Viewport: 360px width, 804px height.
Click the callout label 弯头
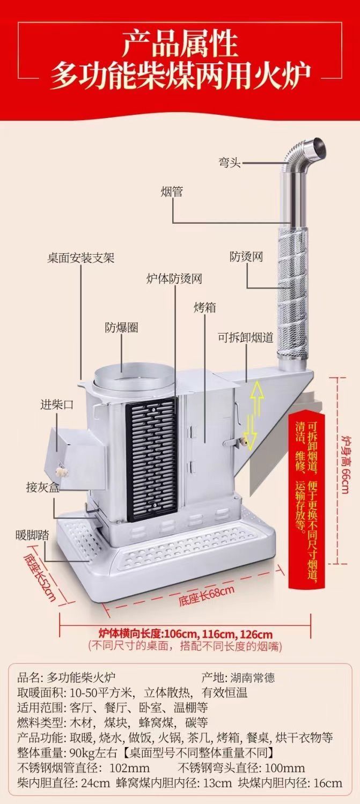(229, 162)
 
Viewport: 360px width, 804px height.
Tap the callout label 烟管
(172, 191)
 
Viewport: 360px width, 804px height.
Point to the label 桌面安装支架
(80, 258)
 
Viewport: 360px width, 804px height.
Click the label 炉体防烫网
(174, 279)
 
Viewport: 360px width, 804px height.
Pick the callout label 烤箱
(205, 307)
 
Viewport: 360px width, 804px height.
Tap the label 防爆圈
(121, 327)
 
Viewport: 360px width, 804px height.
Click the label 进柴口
(57, 405)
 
